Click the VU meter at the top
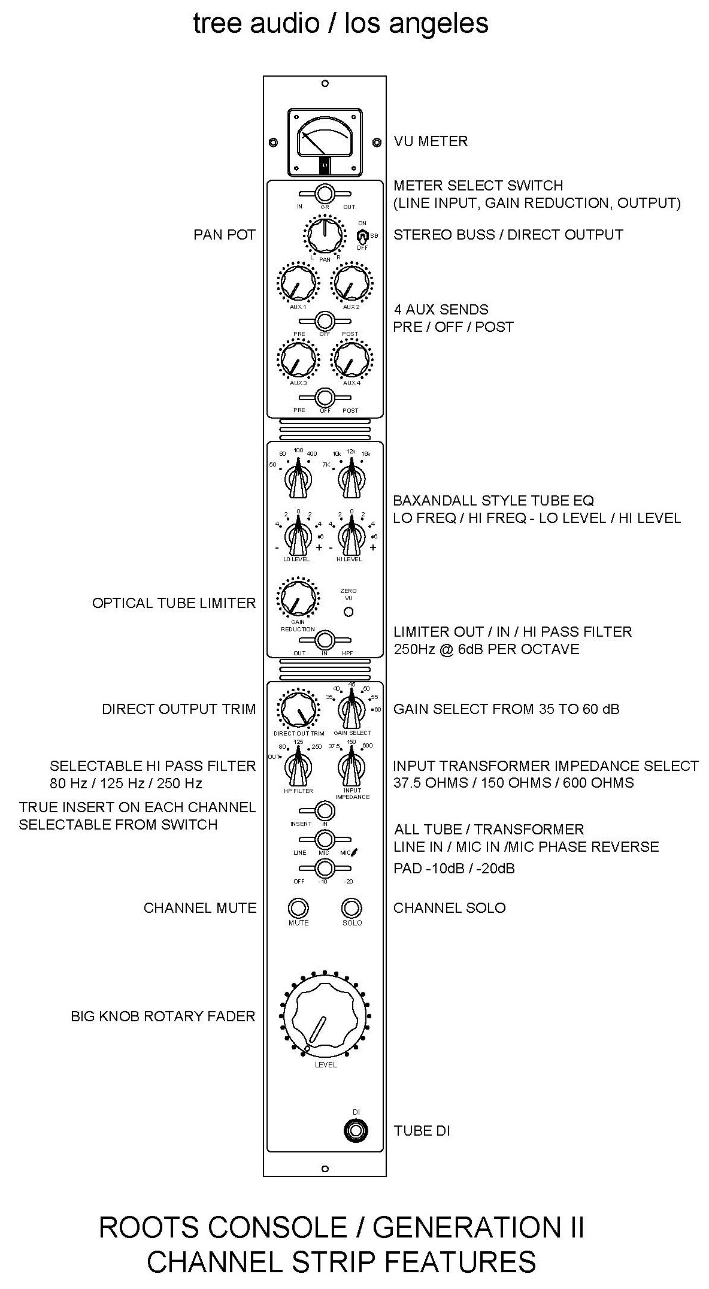pos(325,141)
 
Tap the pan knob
pos(325,235)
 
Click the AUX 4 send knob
pos(352,360)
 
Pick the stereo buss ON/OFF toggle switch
pos(362,235)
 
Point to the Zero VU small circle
pos(348,612)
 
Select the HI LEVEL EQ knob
pos(351,534)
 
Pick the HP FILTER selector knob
pos(298,768)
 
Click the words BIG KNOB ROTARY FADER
pos(163,1016)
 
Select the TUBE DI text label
pos(422,1131)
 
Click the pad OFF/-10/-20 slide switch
pos(325,868)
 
